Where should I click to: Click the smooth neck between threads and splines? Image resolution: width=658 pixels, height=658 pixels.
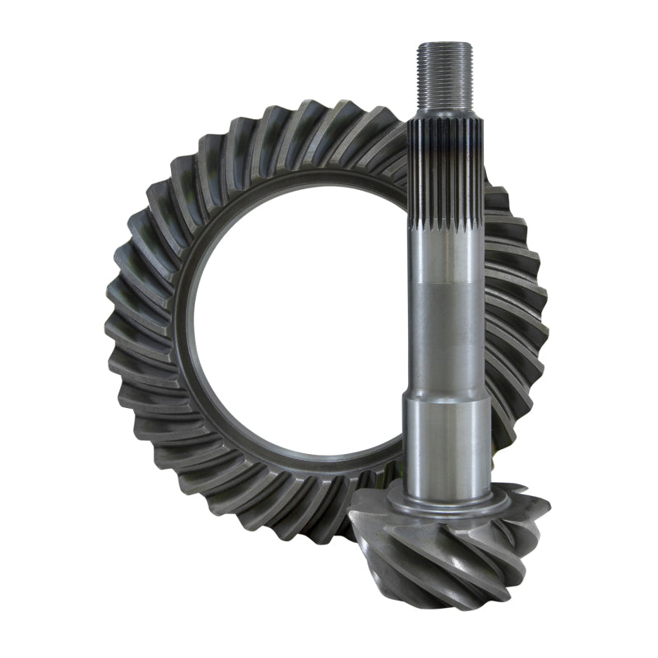pos(444,107)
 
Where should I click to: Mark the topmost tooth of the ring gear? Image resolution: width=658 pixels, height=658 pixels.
pos(329,115)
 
